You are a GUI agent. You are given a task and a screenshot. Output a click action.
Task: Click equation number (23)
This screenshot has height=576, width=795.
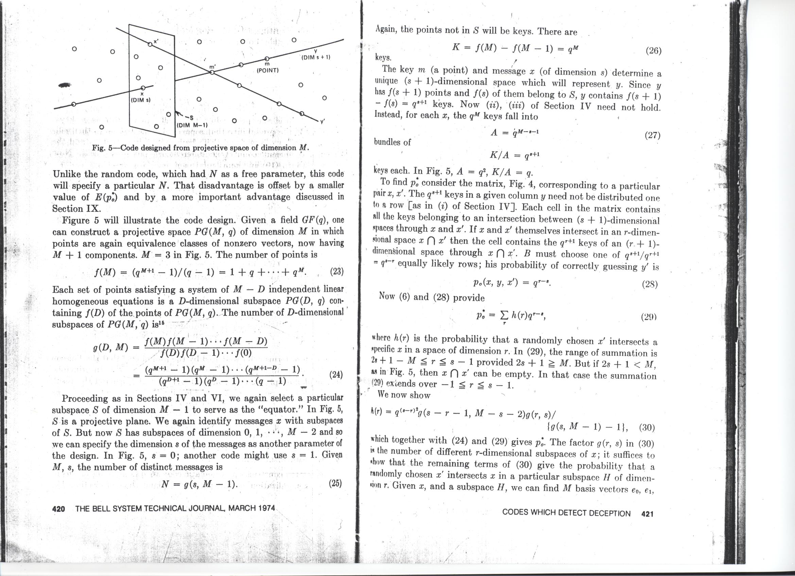pos(336,272)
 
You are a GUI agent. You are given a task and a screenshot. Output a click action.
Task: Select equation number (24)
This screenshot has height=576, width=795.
pos(336,375)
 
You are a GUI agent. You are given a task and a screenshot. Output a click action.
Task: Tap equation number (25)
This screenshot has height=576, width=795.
pos(335,484)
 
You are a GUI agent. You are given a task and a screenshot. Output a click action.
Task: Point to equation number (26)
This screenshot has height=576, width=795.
pos(653,51)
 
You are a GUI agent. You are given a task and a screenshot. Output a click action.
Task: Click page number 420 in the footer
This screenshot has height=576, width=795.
pos(58,509)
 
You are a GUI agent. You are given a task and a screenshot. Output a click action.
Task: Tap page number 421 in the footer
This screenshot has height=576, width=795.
pos(647,514)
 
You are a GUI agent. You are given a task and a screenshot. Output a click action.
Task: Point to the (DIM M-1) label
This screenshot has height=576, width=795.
pos(192,125)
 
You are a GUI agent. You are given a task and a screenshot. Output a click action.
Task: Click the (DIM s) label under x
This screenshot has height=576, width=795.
pos(141,100)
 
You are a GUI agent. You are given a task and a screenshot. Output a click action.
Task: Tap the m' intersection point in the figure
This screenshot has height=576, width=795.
pos(212,72)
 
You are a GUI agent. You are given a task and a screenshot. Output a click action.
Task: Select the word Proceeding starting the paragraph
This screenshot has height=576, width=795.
pos(86,398)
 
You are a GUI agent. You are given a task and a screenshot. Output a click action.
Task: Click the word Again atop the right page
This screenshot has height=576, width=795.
pos(386,30)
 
